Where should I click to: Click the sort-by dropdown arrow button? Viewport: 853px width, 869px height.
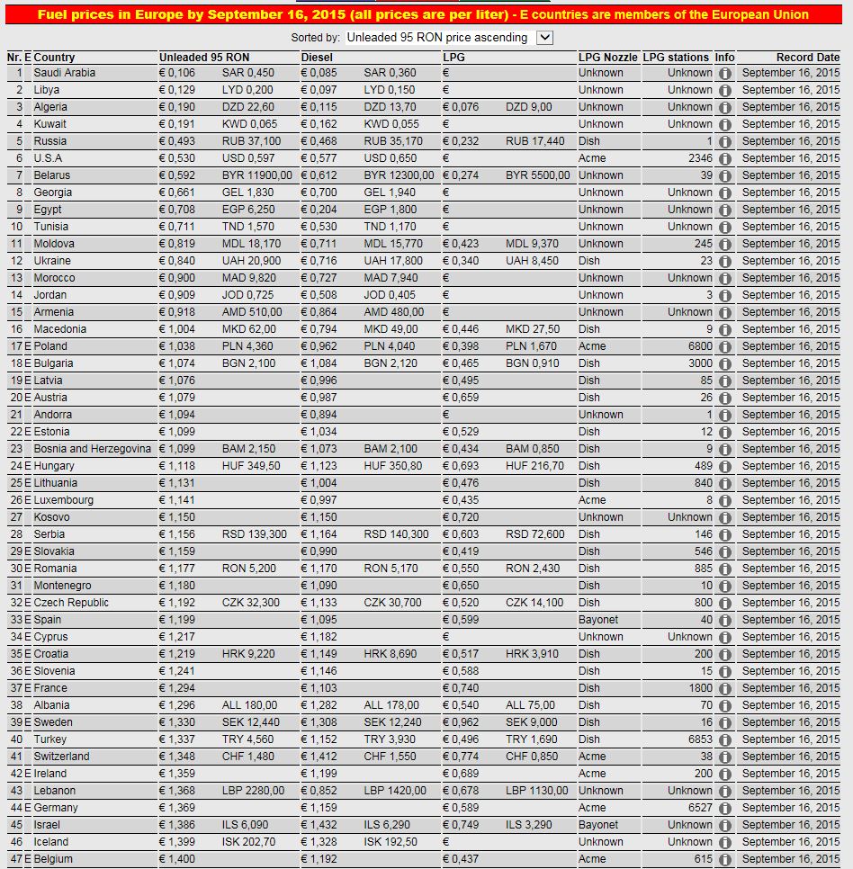point(543,38)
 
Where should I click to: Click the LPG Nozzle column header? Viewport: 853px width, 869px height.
point(607,58)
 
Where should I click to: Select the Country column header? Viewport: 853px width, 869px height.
point(54,58)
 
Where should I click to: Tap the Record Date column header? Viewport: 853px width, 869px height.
point(807,58)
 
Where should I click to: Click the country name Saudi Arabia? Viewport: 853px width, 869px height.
point(64,73)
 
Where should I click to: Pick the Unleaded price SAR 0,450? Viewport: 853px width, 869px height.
point(248,73)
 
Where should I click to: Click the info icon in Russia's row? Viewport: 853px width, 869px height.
point(724,141)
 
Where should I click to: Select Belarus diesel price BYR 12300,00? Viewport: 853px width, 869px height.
point(399,175)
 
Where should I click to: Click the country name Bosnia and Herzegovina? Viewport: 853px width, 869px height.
point(93,449)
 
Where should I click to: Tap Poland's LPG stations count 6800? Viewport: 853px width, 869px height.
point(696,346)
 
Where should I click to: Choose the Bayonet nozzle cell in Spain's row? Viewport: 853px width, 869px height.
point(598,620)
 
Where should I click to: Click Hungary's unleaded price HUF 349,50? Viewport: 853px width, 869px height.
point(251,466)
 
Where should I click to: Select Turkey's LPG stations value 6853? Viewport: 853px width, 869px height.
point(696,739)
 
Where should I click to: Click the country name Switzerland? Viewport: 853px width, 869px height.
point(62,757)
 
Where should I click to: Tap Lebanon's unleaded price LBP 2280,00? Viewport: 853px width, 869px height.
point(253,791)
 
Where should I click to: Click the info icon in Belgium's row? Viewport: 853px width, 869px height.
point(724,859)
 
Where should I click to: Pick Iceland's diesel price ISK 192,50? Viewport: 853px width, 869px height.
point(391,842)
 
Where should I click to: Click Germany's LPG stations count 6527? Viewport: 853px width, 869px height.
point(696,808)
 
